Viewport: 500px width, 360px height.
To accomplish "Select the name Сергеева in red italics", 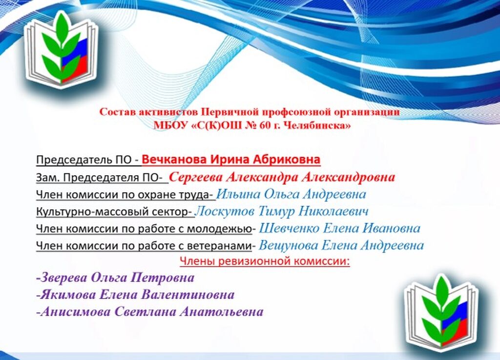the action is tap(195, 177).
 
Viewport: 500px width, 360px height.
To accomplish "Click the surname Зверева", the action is tap(62, 278).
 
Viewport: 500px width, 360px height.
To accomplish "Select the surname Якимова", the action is tap(66, 295).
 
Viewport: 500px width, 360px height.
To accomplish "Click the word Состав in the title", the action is tap(114, 112).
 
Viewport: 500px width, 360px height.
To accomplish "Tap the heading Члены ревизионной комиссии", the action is tap(265, 261).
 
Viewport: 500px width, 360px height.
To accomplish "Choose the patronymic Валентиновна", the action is tap(188, 295).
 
